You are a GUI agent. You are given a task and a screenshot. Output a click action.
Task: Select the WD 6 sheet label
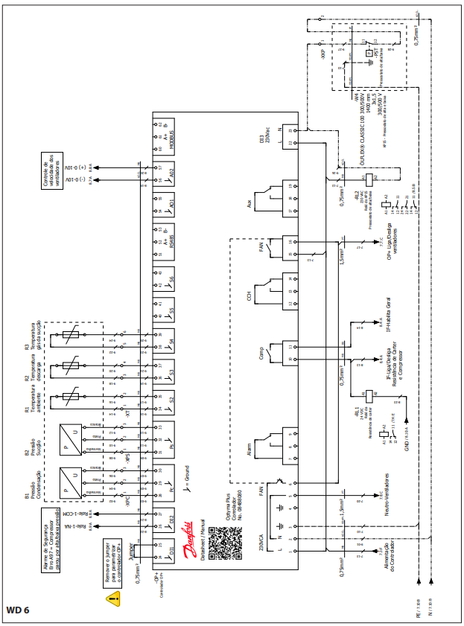[17, 610]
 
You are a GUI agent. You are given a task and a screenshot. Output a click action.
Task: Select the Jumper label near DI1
[132, 552]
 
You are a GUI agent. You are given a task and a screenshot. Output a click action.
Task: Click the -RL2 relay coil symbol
[369, 178]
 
